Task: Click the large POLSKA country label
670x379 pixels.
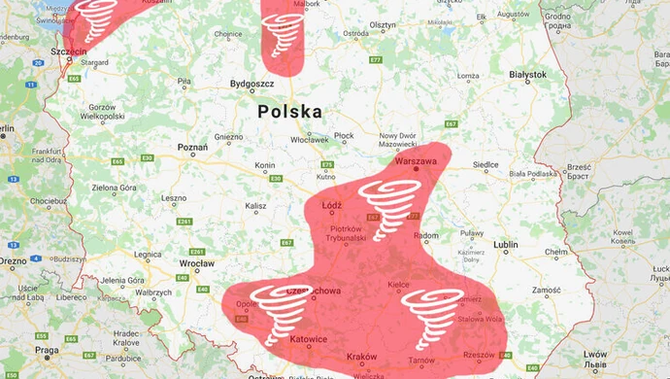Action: pos(289,112)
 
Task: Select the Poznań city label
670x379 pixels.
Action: pos(191,148)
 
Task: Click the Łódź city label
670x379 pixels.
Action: pos(333,205)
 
